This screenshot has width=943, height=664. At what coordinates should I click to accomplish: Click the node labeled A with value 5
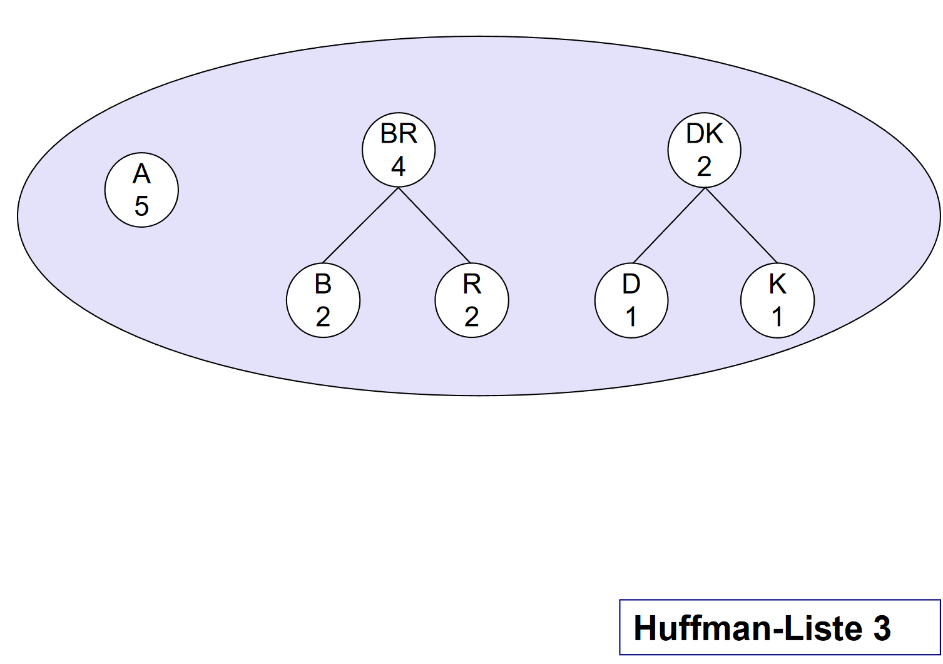click(141, 190)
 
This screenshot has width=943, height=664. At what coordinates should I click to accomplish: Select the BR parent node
click(399, 150)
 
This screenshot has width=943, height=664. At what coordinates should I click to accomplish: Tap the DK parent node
click(704, 150)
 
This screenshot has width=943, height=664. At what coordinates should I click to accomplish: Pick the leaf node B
click(323, 300)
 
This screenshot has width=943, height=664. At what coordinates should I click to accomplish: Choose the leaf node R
click(472, 300)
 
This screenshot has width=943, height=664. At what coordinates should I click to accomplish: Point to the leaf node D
click(631, 300)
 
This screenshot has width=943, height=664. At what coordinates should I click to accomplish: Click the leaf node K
click(777, 300)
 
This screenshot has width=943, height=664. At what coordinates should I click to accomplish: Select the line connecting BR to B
click(360, 225)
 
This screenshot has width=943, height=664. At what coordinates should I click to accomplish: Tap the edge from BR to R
click(434, 225)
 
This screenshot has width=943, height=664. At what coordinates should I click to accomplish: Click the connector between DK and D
click(669, 225)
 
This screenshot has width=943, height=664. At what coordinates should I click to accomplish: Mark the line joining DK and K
click(742, 225)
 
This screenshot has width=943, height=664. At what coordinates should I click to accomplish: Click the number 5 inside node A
click(141, 206)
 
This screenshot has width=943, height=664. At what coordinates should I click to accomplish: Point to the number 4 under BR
click(399, 166)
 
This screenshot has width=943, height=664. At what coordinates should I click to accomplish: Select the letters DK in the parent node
click(705, 134)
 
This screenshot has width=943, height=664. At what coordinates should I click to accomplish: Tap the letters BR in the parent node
click(399, 134)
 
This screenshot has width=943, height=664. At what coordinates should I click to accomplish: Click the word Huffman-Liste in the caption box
click(748, 628)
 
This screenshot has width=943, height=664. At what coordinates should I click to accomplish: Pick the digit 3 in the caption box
click(882, 628)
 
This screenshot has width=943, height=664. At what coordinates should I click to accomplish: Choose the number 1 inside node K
click(777, 317)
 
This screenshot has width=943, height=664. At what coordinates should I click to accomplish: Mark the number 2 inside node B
click(323, 317)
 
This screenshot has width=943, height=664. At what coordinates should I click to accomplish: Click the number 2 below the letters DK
click(704, 166)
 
